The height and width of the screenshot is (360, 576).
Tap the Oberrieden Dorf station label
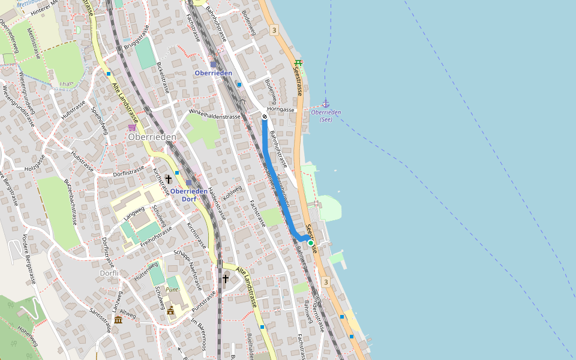189,195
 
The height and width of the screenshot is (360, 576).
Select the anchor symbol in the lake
326,103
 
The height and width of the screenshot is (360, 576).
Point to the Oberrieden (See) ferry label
326,116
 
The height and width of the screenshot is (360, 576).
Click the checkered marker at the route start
265,116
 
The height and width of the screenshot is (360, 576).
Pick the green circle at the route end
310,243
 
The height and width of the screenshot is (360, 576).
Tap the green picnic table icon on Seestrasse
298,63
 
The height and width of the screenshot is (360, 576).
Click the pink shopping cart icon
131,127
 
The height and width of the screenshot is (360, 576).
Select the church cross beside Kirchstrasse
169,179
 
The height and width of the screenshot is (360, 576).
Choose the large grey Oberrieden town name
152,137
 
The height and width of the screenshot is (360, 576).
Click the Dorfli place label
109,273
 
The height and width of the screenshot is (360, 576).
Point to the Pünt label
172,289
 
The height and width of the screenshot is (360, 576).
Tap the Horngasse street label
281,110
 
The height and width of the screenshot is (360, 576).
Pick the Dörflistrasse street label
129,172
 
